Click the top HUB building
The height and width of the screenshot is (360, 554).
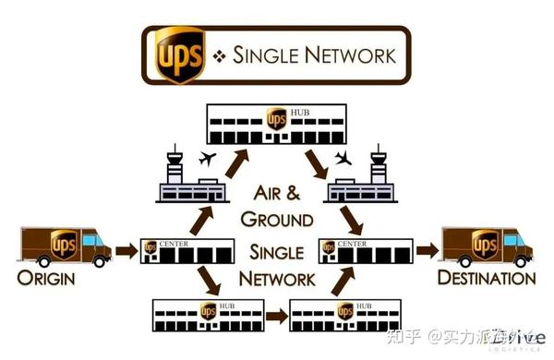pos(274,122)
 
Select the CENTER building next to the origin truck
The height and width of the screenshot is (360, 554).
pos(185,248)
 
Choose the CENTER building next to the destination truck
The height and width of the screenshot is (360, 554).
pos(363,248)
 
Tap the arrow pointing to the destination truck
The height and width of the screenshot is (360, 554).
pos(425,248)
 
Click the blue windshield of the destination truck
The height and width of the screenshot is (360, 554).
pos(524,241)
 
